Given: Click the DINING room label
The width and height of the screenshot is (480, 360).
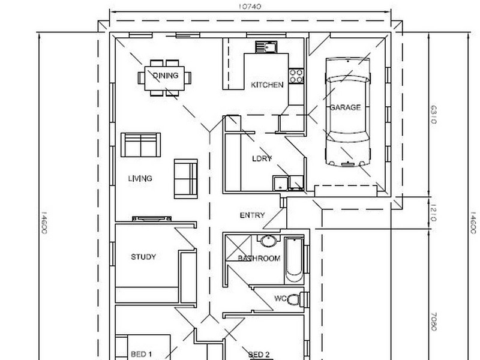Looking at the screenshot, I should click(165, 76).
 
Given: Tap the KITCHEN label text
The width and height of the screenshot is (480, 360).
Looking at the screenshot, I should click(267, 85).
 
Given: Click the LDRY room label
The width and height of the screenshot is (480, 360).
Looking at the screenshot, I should click(262, 159).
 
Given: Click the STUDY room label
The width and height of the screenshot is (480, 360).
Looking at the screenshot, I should click(143, 257).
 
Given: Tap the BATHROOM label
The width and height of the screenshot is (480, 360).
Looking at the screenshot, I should click(259, 259).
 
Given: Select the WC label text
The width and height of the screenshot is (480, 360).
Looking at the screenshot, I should click(280, 298).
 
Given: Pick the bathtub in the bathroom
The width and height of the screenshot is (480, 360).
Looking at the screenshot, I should click(294, 261).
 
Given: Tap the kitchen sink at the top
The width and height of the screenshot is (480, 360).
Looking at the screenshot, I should click(265, 47).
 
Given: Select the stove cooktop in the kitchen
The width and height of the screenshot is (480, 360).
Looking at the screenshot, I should click(296, 76).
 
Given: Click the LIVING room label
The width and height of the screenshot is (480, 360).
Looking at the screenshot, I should click(140, 179).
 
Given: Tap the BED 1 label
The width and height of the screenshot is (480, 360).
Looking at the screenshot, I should click(142, 354).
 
